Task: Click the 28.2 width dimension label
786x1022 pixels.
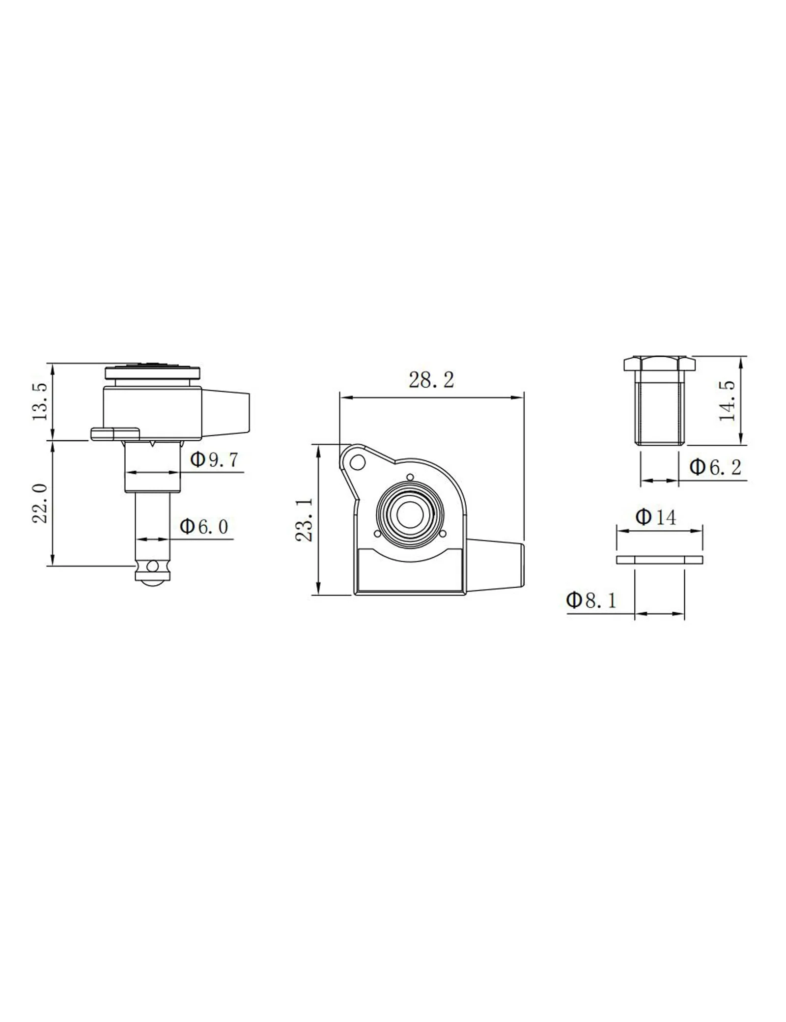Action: pos(431,380)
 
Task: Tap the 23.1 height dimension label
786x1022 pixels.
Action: pos(305,520)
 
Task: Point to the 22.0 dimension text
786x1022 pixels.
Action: pos(40,503)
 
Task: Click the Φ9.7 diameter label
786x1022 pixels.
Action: pos(214,460)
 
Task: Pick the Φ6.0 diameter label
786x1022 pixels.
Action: pos(204,527)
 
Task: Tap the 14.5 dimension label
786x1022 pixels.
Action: pos(727,400)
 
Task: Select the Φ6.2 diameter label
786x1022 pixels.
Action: pos(715,467)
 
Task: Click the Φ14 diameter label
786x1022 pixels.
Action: pos(655,517)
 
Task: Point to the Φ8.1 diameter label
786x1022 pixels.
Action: pos(591,600)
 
